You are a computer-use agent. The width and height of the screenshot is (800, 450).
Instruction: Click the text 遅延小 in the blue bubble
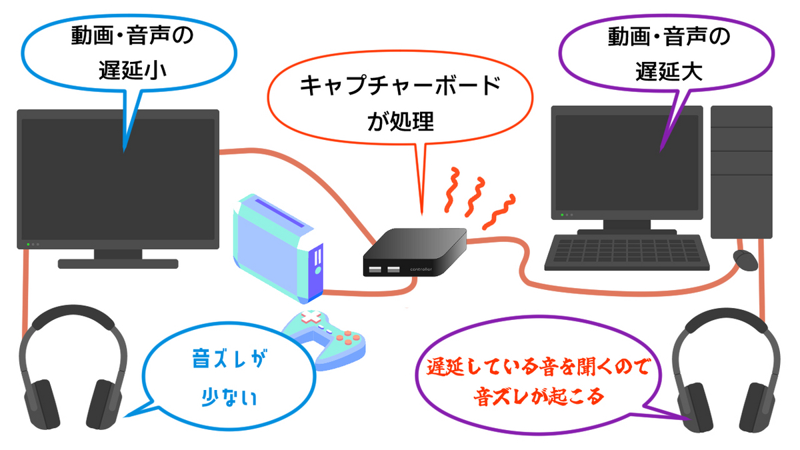click(x=133, y=71)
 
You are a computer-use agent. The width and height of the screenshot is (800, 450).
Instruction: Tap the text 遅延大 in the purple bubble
click(x=669, y=71)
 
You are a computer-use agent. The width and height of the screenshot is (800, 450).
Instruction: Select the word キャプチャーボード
click(x=401, y=86)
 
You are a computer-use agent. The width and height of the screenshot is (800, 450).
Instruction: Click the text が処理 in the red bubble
click(x=401, y=121)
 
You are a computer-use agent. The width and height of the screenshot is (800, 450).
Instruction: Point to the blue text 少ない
click(x=229, y=397)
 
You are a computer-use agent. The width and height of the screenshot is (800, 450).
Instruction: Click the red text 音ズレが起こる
click(x=539, y=397)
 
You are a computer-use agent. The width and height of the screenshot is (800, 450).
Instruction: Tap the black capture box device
click(x=415, y=252)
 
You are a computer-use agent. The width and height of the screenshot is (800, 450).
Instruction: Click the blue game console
click(x=278, y=248)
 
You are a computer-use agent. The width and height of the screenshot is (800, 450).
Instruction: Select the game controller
click(x=323, y=340)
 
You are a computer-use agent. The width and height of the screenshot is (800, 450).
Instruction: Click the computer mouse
click(x=745, y=260)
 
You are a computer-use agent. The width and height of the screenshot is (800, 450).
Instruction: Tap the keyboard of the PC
click(x=627, y=253)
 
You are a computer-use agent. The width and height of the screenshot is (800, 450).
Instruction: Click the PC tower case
click(x=741, y=172)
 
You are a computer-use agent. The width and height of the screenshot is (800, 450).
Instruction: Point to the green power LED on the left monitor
click(x=28, y=244)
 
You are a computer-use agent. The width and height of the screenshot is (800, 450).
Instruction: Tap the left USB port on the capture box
click(x=375, y=269)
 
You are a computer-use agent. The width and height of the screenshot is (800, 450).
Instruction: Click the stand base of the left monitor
click(x=118, y=263)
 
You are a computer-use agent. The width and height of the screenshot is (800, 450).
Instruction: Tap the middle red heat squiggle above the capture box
click(x=475, y=197)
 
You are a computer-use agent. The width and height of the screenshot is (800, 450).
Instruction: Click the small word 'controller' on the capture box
click(x=421, y=269)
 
